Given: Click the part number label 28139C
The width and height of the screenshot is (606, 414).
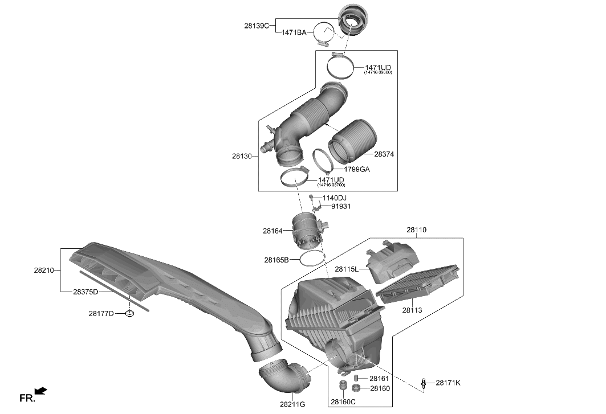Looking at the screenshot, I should coord(257,26).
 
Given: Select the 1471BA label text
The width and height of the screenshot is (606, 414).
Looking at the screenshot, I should coord(294,34).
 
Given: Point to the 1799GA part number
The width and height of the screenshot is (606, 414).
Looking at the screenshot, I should coord(356,169).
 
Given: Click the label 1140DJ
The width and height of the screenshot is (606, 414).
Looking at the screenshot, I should coord(334,198).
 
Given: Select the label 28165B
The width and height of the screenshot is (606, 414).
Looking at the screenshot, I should coord(276,260).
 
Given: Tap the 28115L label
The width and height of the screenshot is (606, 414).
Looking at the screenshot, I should coord(347,269).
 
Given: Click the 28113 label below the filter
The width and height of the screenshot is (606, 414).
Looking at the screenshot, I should coord(412,310).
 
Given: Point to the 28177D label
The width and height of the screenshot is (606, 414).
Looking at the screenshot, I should coord(101,313).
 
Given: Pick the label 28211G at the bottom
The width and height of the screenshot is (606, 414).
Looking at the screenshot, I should coord(292,404).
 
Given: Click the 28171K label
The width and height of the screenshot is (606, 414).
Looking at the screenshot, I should coord(448,383).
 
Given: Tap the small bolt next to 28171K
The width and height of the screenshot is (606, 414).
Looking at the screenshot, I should coord(424,383).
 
